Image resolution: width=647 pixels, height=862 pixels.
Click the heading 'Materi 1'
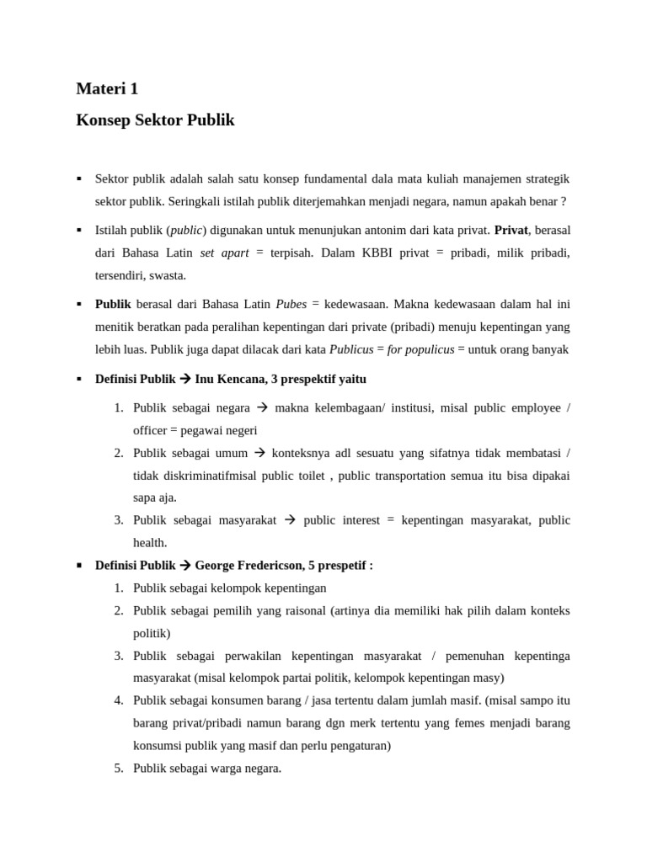click(x=107, y=88)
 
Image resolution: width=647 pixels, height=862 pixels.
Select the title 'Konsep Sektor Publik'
click(x=155, y=120)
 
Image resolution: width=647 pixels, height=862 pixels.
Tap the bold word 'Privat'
click(x=511, y=230)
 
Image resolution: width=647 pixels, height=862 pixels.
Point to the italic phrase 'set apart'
click(x=224, y=253)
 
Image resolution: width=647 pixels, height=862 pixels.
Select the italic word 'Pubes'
click(x=291, y=303)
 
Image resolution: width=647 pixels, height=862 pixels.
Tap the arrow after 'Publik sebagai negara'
click(x=262, y=407)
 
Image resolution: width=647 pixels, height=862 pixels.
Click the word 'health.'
click(x=150, y=543)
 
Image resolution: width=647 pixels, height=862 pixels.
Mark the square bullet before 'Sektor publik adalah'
click(x=79, y=179)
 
